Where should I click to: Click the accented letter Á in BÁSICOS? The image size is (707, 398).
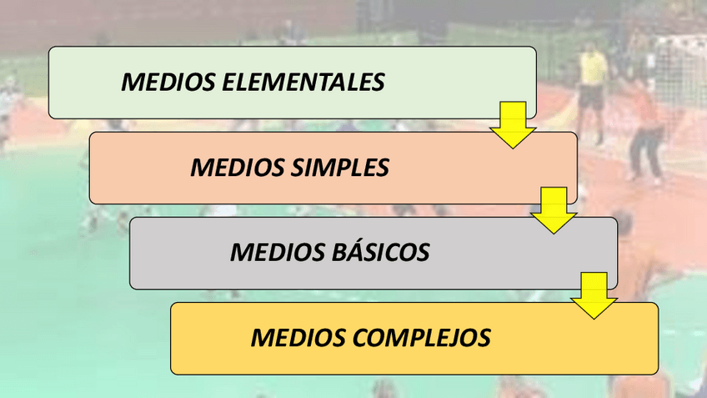[x=355, y=251]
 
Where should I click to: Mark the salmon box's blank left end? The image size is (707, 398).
[x=133, y=168]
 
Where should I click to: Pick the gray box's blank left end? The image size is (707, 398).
[x=175, y=252]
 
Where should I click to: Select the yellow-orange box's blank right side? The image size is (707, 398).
[x=584, y=338]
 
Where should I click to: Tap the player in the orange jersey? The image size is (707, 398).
[x=644, y=125]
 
